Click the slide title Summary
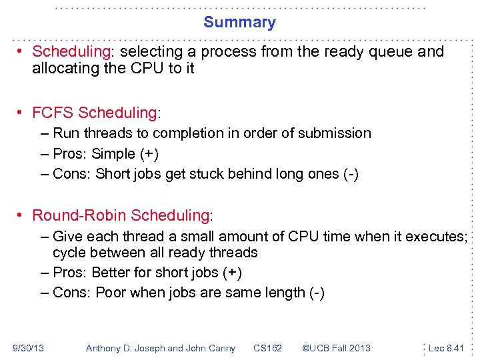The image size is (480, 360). (239, 22)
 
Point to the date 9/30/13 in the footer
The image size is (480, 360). (28, 348)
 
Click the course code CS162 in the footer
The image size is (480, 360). (267, 348)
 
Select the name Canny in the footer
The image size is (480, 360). (221, 348)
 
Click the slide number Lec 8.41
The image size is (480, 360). (446, 348)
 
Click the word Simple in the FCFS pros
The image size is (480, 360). (113, 154)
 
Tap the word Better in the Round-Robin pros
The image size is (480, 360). (111, 273)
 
